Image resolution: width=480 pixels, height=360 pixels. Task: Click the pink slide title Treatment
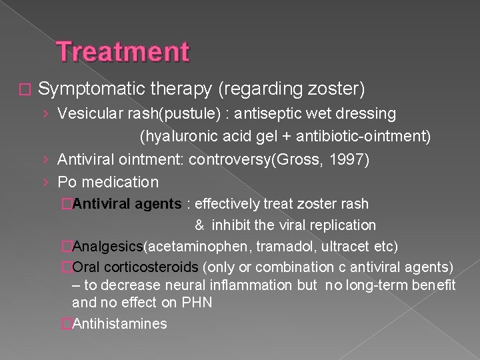click(x=123, y=52)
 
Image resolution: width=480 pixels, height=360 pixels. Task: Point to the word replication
click(x=343, y=225)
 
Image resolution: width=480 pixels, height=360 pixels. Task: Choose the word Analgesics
click(x=108, y=247)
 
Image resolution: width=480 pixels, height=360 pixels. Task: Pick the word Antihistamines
click(x=120, y=324)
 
